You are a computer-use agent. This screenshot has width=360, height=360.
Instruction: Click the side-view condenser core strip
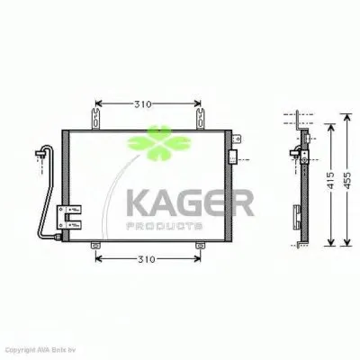click(x=307, y=189)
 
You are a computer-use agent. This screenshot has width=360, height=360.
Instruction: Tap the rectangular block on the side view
click(x=297, y=216)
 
